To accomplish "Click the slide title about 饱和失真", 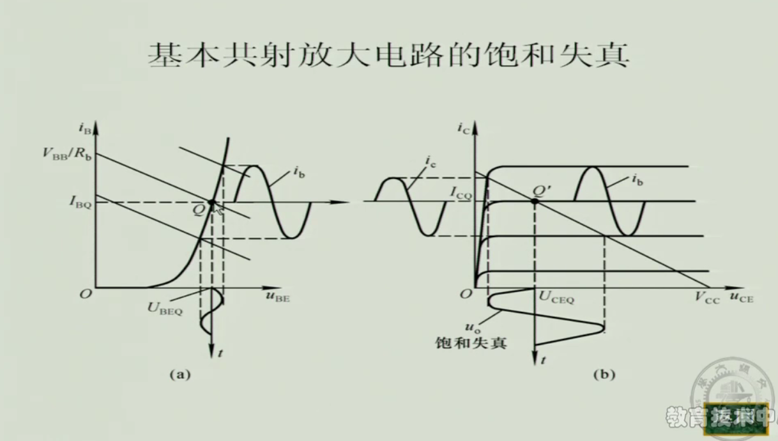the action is (x=388, y=56).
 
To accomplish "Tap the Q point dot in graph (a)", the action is (x=211, y=203).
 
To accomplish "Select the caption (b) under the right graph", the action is (x=603, y=375).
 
